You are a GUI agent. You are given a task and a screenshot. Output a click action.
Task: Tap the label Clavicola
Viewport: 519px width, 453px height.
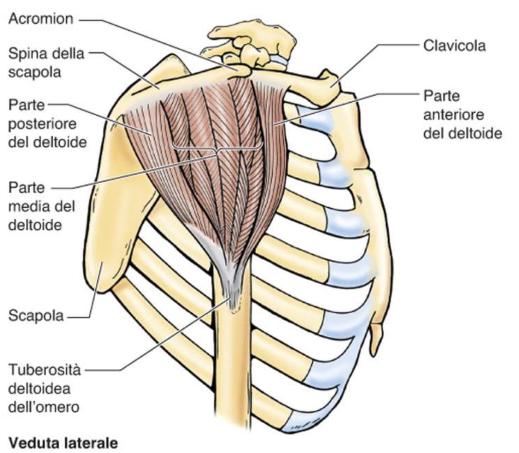coord(454,46)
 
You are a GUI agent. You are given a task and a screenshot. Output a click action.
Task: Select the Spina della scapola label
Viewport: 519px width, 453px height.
coord(46,63)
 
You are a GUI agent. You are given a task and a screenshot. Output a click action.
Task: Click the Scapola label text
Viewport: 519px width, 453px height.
coord(36,315)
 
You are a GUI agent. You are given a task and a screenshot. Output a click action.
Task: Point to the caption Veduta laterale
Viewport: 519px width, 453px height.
coord(63,443)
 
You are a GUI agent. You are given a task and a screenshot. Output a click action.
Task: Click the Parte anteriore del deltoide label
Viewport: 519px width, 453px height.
coord(462,115)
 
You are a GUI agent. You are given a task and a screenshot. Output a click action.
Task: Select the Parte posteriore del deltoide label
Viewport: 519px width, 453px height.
coord(47,124)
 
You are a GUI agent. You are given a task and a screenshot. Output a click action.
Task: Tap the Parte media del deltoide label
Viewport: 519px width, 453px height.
coord(42,206)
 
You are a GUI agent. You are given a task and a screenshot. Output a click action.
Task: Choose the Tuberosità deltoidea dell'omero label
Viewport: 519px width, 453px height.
coord(44,389)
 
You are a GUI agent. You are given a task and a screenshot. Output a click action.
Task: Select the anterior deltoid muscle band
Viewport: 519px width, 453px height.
coord(272,141)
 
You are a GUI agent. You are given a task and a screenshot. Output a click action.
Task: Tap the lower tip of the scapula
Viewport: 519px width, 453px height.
coord(102,286)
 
